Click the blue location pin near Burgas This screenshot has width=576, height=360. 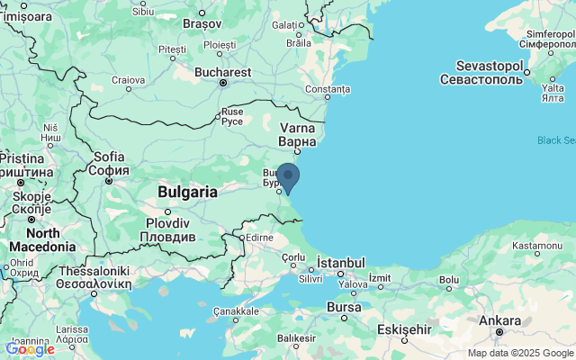288,175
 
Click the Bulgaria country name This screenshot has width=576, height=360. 187,192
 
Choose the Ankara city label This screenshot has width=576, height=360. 499,320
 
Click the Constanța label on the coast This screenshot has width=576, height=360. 327,89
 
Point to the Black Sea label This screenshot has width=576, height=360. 555,139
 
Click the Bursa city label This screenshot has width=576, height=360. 343,307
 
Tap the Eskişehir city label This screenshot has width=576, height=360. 405,328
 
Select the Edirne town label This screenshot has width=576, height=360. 259,238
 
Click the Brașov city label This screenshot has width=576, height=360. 202,24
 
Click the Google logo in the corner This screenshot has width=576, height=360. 30,349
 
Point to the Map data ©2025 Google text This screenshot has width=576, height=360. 519,353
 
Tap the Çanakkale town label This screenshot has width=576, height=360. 236,310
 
